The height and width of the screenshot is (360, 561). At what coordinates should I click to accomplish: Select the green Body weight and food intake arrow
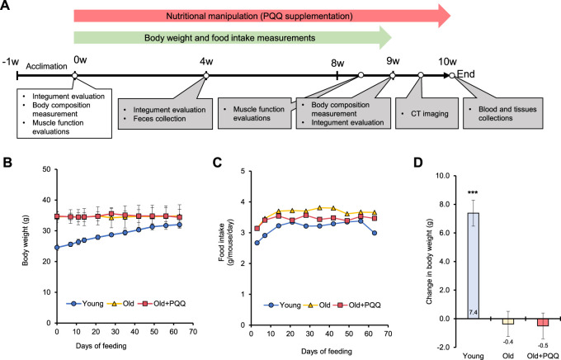pyautogui.click(x=231, y=39)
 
